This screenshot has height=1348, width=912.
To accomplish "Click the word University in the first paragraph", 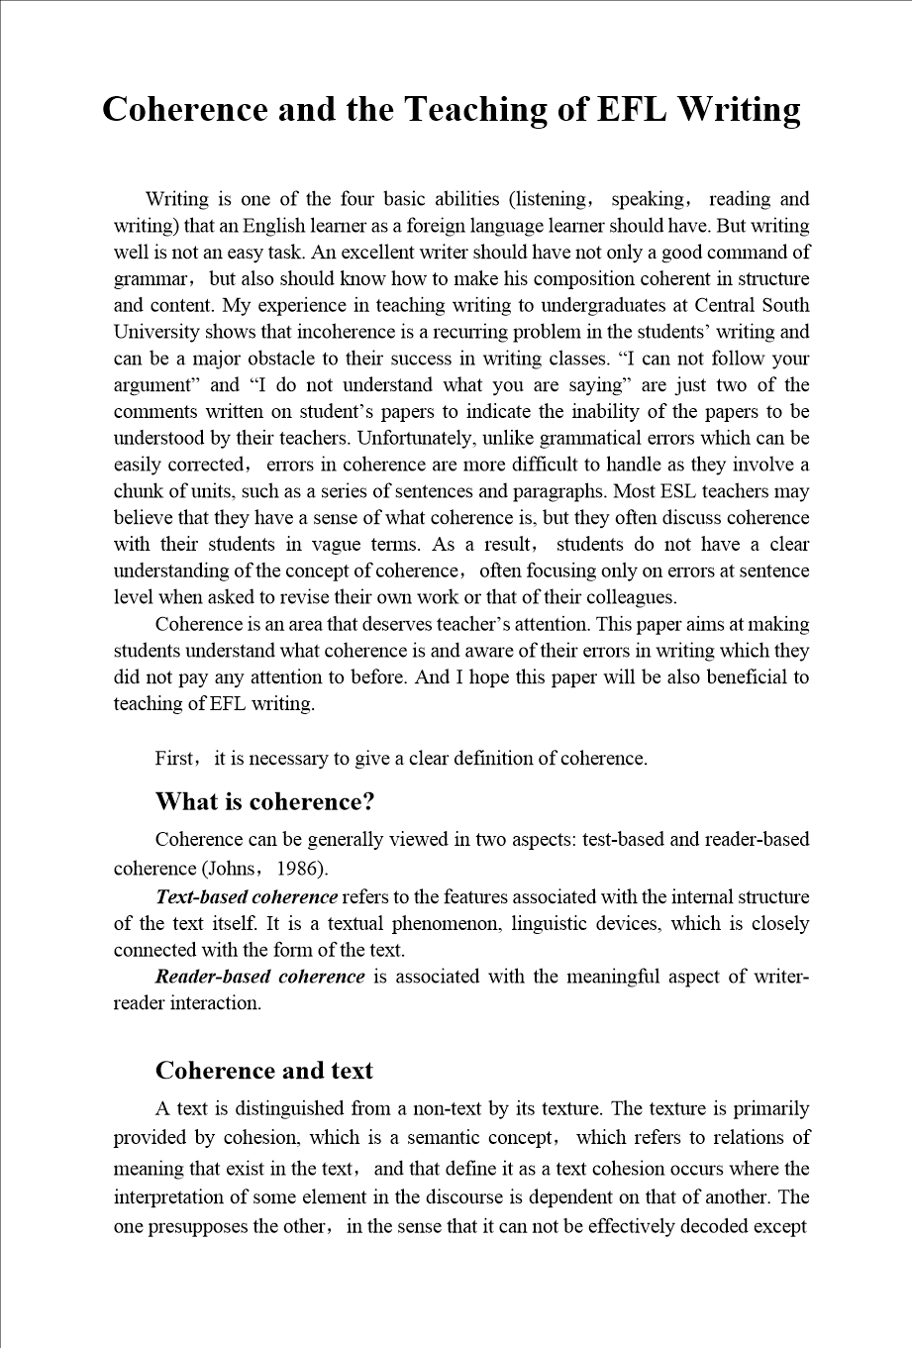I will (x=156, y=333).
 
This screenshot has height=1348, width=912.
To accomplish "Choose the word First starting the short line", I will (x=175, y=760).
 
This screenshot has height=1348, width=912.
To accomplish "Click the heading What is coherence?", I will (x=264, y=801).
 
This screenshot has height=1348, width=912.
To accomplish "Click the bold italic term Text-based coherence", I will (x=247, y=897).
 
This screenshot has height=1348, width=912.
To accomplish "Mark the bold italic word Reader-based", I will (x=211, y=978).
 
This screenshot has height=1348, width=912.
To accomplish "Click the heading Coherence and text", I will (x=264, y=1071).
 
